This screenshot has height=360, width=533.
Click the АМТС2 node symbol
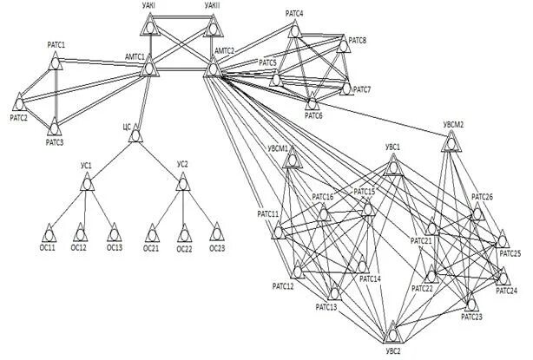(x=212, y=68)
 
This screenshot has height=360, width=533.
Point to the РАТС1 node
(x=55, y=61)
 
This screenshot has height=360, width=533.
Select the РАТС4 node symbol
(x=294, y=30)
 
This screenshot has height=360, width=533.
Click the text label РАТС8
(x=357, y=41)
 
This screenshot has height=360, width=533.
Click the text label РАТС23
(x=471, y=317)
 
